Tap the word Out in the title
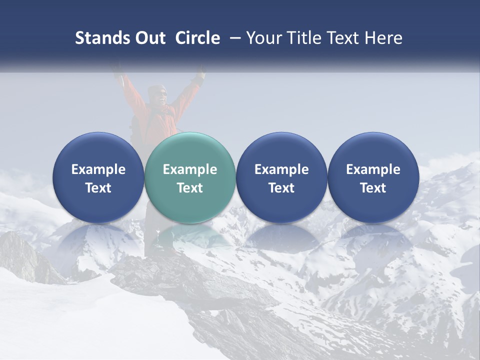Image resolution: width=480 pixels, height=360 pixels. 148,38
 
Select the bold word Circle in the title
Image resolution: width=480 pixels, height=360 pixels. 197,38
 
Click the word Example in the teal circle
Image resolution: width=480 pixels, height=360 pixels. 190,169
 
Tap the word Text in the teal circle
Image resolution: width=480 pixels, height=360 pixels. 190,188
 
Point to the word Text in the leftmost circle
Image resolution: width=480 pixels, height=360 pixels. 98,188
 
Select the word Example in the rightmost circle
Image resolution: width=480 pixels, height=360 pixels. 373,169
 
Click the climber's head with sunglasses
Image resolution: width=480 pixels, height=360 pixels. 157,94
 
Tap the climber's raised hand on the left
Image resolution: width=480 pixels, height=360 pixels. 118,70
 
